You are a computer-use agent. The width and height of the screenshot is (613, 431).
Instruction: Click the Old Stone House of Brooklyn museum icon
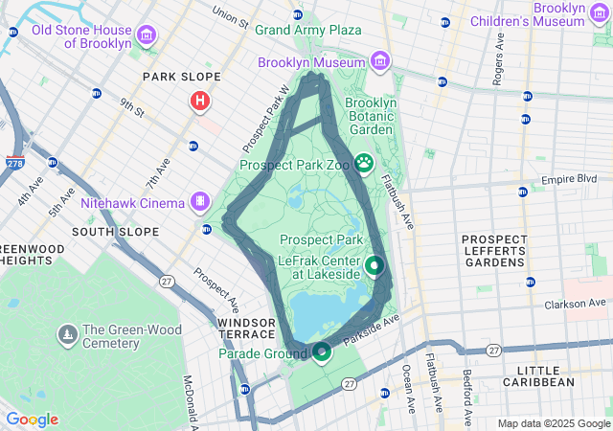click(x=147, y=36)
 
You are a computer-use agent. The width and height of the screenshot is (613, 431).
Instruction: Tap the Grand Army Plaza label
click(x=307, y=30)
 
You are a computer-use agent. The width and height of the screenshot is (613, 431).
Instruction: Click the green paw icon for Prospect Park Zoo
click(x=364, y=164)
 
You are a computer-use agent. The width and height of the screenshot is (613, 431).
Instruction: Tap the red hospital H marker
click(x=200, y=101)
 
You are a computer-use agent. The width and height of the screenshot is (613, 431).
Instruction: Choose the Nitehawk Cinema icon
click(x=199, y=201)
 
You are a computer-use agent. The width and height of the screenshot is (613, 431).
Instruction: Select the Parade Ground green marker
click(x=321, y=352)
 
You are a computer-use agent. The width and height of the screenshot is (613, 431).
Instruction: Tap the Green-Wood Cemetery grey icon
click(x=68, y=334)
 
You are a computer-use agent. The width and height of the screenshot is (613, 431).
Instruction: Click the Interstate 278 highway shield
click(x=15, y=163)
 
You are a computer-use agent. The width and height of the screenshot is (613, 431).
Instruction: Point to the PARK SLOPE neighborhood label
click(x=181, y=77)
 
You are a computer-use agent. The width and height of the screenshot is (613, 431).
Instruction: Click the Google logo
click(x=32, y=420)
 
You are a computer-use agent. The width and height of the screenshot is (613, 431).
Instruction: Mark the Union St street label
click(x=230, y=16)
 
